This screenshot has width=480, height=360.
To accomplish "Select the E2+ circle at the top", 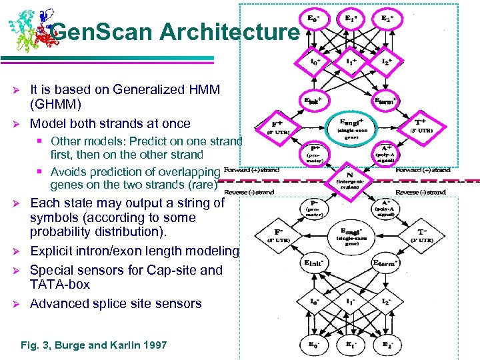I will tap(387, 17).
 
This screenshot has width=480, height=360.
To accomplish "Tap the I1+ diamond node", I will tap(350, 61).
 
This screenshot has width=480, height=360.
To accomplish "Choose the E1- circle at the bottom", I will tap(350, 345).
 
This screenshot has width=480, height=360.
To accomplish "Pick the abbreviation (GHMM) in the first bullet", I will tap(55, 104).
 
